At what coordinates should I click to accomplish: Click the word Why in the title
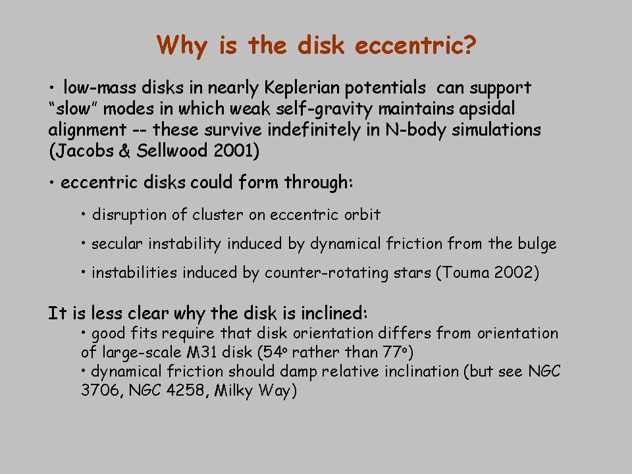182,45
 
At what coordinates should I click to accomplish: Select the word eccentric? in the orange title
415,45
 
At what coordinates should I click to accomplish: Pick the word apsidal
487,109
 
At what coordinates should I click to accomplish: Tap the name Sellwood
172,151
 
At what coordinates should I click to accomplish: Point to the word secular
117,244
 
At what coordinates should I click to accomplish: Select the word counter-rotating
327,273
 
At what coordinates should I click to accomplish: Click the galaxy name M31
202,352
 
